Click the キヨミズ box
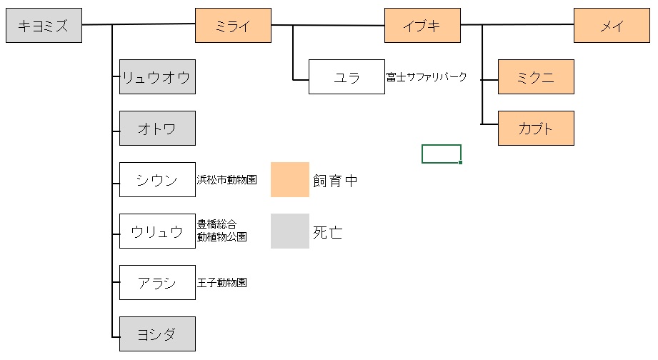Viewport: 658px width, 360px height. click(44, 26)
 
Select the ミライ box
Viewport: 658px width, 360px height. click(233, 26)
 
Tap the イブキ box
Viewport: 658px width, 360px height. click(422, 26)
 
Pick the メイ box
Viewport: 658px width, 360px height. click(612, 26)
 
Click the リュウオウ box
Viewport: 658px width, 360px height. click(157, 77)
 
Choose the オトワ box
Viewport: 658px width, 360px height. click(157, 129)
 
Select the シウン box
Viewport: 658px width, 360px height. click(157, 180)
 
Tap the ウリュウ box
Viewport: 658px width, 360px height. click(157, 231)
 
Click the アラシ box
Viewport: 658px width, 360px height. click(157, 283)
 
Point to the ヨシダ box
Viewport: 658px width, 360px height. click(157, 334)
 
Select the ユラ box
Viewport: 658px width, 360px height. click(347, 77)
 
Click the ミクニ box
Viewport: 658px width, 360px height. click(536, 77)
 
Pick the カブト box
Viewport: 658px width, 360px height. click(536, 129)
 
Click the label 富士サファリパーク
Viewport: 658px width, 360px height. click(427, 77)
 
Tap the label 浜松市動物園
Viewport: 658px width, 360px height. click(226, 180)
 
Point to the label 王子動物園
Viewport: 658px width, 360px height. click(222, 283)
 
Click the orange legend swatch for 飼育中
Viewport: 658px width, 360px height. click(289, 179)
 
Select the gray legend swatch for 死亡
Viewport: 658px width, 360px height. click(289, 231)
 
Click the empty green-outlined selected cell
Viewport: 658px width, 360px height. click(441, 154)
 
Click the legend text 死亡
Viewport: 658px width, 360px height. click(328, 232)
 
